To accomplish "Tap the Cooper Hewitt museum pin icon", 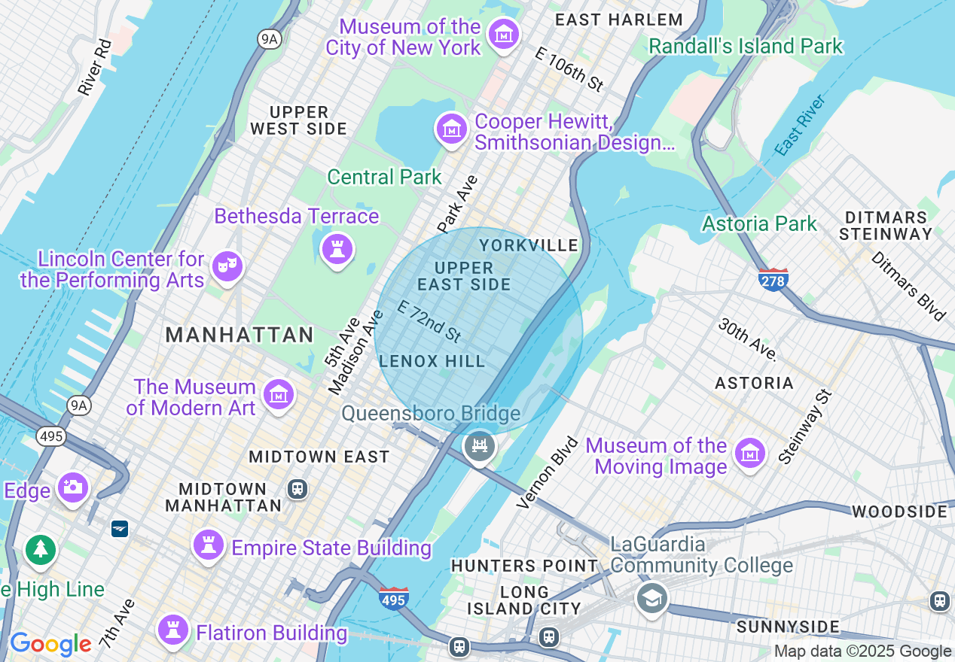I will [x=452, y=129].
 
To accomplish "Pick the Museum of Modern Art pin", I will [x=278, y=394].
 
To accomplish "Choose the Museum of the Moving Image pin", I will [x=749, y=454].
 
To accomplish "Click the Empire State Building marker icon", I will [x=209, y=545].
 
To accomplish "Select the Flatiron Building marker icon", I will [x=173, y=630].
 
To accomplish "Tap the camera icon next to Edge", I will [x=73, y=487].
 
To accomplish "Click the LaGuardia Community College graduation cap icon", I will [x=651, y=599].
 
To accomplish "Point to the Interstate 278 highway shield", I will [x=773, y=280].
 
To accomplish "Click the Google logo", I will [x=50, y=644].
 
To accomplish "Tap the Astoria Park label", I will [x=759, y=223].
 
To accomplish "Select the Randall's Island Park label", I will [x=746, y=46].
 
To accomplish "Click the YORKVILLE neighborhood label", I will [x=529, y=245].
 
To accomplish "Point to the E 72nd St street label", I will [x=429, y=321].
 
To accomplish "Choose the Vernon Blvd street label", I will [x=548, y=472].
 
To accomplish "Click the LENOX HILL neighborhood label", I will [x=432, y=362].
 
